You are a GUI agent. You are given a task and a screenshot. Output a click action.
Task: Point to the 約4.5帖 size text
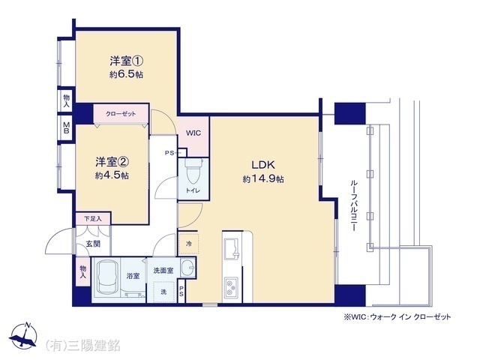point(112,175)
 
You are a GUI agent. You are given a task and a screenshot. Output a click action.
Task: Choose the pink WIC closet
point(193,133)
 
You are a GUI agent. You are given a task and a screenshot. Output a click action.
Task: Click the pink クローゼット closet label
point(121,114)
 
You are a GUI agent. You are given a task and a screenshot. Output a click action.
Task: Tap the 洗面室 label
point(163,270)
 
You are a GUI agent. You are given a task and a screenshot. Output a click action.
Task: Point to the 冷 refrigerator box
point(188,243)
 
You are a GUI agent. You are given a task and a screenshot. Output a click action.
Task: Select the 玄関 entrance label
point(91,244)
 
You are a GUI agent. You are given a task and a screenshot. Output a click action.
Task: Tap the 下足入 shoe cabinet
point(93,219)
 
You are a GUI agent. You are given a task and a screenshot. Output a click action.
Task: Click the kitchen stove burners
point(231,286)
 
